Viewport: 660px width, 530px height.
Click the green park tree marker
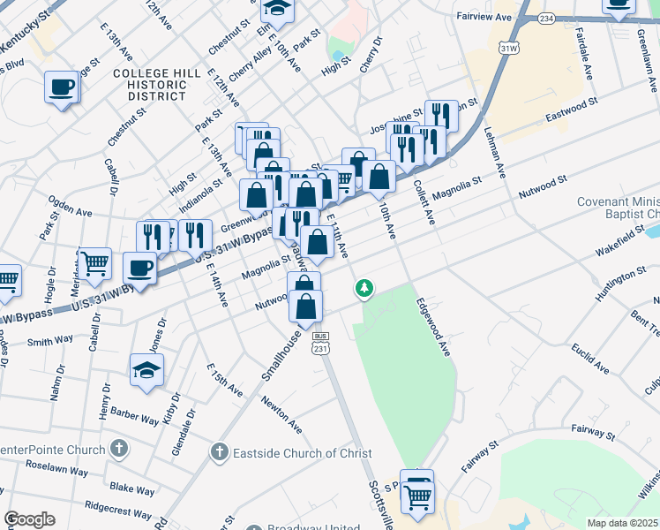tap(364, 289)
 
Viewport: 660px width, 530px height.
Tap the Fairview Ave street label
tap(484, 17)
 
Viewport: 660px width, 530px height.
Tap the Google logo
tap(29, 519)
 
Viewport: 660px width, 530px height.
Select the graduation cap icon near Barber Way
tap(146, 370)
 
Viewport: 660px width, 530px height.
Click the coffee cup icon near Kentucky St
tap(63, 87)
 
